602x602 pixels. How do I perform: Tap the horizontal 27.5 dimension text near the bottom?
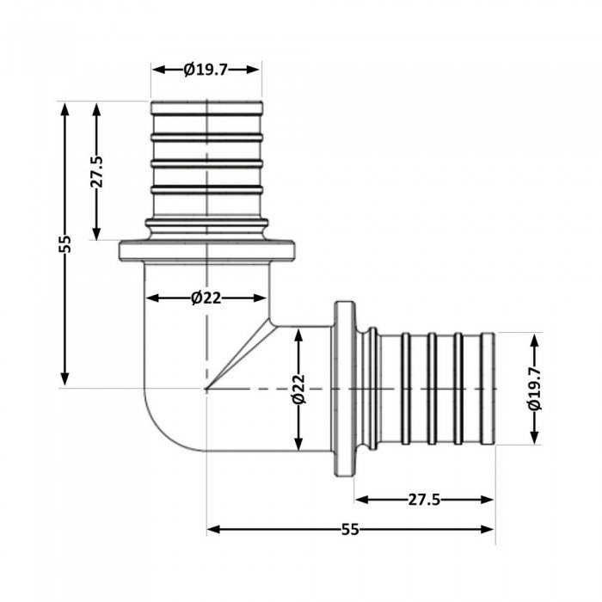pyautogui.click(x=425, y=500)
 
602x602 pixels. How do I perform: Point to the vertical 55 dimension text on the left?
pyautogui.click(x=65, y=244)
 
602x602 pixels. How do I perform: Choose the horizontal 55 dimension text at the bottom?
pyautogui.click(x=350, y=530)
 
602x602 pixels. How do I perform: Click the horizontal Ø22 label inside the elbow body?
pyautogui.click(x=206, y=298)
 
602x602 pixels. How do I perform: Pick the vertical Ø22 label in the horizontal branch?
pyautogui.click(x=298, y=389)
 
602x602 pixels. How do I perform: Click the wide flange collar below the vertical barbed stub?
pyautogui.click(x=206, y=251)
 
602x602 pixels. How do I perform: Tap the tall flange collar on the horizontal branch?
pyautogui.click(x=345, y=389)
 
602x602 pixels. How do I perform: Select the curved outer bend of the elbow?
pyautogui.click(x=159, y=430)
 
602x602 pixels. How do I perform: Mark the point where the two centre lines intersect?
pyautogui.click(x=206, y=389)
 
